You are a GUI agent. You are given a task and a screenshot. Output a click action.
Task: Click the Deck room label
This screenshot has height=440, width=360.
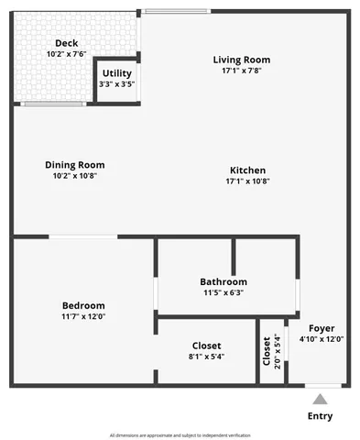tap(66, 43)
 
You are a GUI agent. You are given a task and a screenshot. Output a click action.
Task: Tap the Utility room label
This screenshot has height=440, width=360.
tap(116, 73)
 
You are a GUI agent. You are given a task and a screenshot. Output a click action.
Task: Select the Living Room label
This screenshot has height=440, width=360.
tap(242, 60)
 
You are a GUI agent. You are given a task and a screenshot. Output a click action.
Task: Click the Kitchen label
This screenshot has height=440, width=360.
tap(247, 170)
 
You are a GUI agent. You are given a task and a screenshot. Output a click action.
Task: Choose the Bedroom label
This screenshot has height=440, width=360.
tap(83, 305)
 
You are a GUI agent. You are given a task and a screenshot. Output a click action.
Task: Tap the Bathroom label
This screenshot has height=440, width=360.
tap(224, 281)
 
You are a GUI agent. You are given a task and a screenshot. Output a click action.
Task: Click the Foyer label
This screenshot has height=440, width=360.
tap(322, 327)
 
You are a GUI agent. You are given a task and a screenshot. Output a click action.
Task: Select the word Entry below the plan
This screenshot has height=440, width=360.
tap(320, 416)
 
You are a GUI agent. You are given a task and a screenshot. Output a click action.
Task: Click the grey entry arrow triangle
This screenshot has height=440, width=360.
tap(320, 399)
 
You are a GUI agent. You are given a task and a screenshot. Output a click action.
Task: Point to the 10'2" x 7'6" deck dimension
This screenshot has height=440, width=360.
tap(66, 54)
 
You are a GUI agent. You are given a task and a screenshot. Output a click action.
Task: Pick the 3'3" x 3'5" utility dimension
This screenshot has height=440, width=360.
tap(116, 84)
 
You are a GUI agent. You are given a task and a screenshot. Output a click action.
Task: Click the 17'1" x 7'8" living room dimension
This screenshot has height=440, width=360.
tap(242, 71)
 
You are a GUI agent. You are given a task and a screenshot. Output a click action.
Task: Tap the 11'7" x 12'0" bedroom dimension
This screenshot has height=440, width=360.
tap(83, 316)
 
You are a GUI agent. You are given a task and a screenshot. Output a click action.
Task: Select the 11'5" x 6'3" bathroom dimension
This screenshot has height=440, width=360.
tap(224, 292)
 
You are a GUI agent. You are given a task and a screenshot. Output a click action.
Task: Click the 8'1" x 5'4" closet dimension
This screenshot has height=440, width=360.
tap(206, 357)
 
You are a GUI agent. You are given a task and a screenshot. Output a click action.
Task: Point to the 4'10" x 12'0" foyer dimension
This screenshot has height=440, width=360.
tap(322, 338)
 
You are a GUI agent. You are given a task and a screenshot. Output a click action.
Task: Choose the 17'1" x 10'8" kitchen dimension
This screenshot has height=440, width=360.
tap(247, 181)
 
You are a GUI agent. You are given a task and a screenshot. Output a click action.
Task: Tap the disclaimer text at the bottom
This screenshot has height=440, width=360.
tap(180, 434)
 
